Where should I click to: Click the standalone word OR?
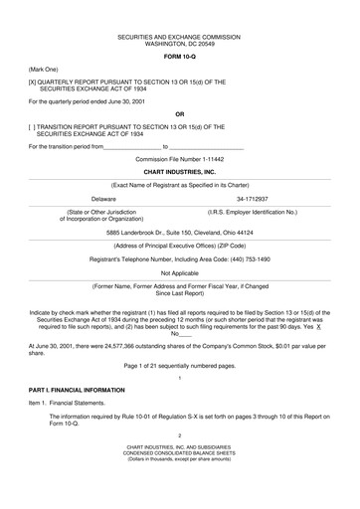point(179,113)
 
